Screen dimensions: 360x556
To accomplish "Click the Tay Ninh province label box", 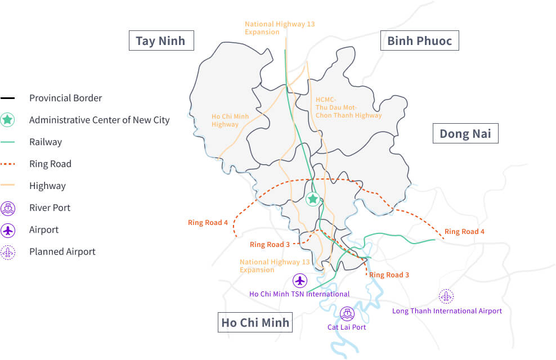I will [161, 41].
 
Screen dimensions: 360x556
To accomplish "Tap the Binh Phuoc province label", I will [419, 41].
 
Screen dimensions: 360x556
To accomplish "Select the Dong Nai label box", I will [465, 133].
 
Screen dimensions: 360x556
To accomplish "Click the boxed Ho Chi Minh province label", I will [255, 322].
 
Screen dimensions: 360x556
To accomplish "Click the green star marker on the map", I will [313, 199].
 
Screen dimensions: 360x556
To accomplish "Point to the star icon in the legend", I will [8, 120].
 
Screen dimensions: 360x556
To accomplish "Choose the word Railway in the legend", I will [46, 142].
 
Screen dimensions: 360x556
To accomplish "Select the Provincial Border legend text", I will [65, 98].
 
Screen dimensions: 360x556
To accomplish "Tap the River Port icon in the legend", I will [8, 208].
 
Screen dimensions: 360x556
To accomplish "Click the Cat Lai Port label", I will [347, 327].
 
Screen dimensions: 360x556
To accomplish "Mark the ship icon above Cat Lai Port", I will [347, 313].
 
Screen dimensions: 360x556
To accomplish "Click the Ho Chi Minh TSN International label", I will [299, 294].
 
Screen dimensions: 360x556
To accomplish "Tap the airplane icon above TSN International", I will [300, 280].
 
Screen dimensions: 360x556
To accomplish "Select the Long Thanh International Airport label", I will [447, 310].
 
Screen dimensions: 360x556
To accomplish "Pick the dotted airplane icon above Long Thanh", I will [446, 296].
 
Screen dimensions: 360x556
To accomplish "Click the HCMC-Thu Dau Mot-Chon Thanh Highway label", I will [348, 107].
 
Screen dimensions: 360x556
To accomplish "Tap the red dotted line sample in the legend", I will [8, 164].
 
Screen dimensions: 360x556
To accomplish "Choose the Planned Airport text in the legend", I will [62, 251].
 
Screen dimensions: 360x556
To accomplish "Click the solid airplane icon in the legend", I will [8, 230].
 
